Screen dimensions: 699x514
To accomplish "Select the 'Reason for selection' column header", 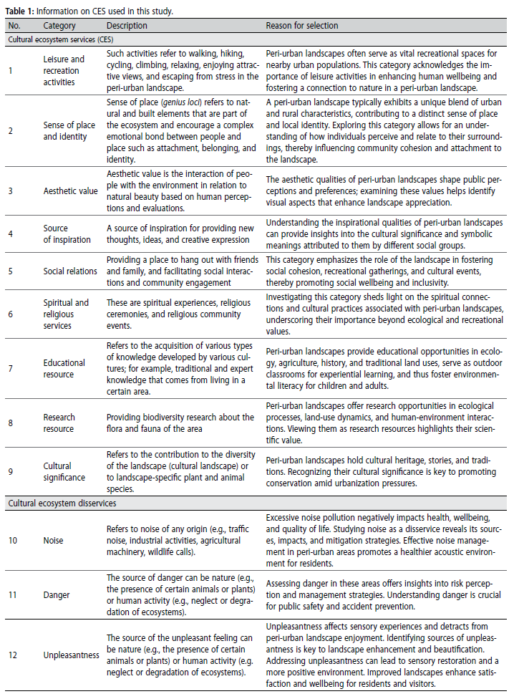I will (x=302, y=26).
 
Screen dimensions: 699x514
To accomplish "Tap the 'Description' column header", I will (x=127, y=26).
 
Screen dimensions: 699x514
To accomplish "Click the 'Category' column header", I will (x=59, y=26).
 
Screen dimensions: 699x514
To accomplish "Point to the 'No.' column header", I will (x=14, y=26).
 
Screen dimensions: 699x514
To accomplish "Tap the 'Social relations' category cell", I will (x=71, y=272).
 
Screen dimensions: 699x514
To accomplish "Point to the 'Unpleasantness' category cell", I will (x=71, y=654).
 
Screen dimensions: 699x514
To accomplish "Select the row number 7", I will (x=11, y=368).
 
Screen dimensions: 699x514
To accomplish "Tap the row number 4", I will (x=11, y=233).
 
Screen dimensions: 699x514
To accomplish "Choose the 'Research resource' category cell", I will (x=59, y=423).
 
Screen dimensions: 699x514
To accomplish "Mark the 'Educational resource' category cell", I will (x=64, y=368).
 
